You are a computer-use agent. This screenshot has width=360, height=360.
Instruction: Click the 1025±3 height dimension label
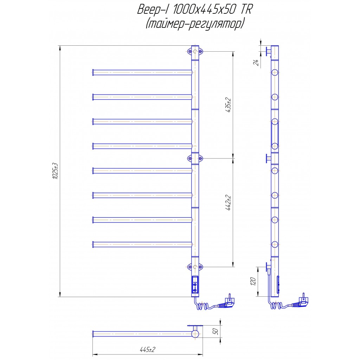tap(55, 171)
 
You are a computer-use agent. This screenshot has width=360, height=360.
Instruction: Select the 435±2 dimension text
tap(229, 105)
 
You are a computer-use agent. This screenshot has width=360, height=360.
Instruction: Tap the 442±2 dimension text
tap(229, 203)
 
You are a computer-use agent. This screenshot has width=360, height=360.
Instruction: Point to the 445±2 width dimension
tap(148, 349)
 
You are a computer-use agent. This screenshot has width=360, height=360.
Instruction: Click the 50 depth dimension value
tap(216, 331)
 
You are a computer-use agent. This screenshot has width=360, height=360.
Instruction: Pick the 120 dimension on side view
tap(253, 281)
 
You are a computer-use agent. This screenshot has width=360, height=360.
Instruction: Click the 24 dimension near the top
tap(256, 62)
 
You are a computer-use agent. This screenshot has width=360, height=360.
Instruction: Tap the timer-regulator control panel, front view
tap(195, 285)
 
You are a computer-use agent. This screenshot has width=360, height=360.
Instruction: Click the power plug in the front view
tap(225, 303)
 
